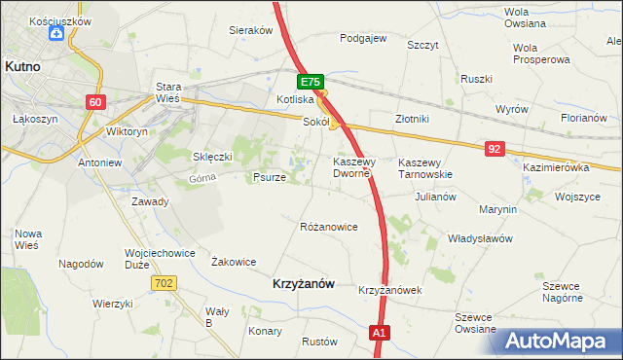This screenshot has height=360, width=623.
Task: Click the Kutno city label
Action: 21,67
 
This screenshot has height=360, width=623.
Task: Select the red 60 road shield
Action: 94,102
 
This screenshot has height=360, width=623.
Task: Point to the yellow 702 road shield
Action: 164,281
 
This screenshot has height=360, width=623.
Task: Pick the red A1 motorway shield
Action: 381,334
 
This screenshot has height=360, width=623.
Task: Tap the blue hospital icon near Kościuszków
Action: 56,34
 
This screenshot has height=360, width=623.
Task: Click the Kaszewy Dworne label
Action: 350,167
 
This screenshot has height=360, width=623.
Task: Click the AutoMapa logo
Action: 560,342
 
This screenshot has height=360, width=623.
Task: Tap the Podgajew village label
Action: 363,39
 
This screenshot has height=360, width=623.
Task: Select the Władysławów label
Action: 479,237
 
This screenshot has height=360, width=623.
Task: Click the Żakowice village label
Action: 234,261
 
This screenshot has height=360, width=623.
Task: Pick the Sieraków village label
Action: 250,30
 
